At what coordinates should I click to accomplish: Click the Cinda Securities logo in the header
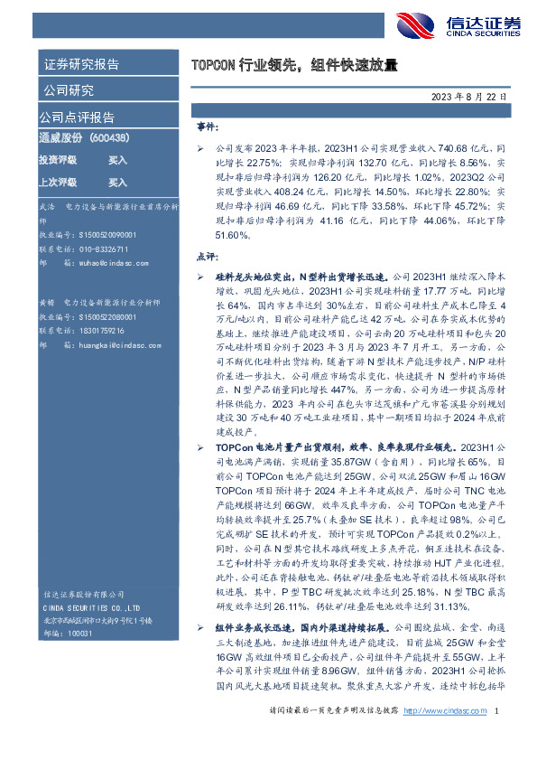click(x=453, y=27)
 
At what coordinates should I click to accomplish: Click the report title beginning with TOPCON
click(x=294, y=65)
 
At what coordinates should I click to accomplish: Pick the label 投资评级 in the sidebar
click(x=57, y=159)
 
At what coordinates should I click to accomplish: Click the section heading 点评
click(x=207, y=257)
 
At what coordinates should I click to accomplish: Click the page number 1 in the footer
click(x=499, y=738)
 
